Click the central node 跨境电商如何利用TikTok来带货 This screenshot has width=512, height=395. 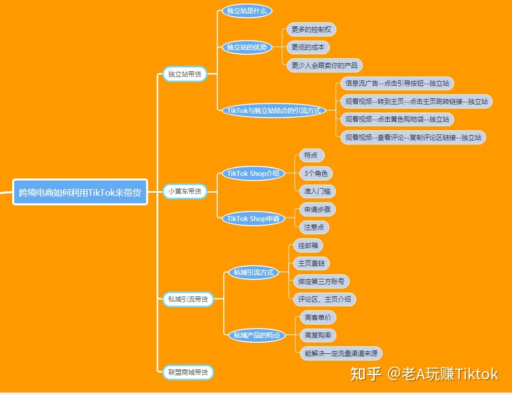pos(80,192)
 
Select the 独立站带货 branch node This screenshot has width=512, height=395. pos(185,74)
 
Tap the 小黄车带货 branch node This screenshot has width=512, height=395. pos(185,191)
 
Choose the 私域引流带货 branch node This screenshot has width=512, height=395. pos(188,299)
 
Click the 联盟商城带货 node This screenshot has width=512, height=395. pos(188,372)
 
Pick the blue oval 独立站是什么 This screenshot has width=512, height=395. pos(247,11)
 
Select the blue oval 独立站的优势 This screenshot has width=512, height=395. pos(247,47)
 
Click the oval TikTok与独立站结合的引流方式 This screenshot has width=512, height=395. pos(274,110)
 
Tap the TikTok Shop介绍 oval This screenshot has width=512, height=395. pos(253,173)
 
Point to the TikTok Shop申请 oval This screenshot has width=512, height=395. pos(253,219)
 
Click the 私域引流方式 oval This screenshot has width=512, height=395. pos(253,272)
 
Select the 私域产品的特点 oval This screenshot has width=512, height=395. pos(257,335)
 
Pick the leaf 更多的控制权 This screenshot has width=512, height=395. pos(311,29)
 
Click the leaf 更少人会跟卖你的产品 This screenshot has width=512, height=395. pos(324,65)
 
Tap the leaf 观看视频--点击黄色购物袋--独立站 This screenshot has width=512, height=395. pos(397,119)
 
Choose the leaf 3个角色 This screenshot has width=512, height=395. pos(316,173)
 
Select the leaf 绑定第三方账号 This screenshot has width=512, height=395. pos(321,281)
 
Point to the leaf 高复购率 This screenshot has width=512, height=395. pos(318,335)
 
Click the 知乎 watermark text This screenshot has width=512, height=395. pos(365,374)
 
